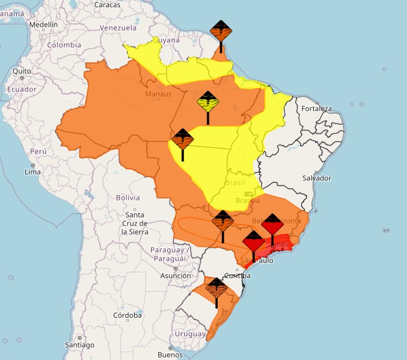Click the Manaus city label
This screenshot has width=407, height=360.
158,94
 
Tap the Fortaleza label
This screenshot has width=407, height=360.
317,108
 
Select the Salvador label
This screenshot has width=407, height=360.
317,178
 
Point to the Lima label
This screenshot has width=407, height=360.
32,172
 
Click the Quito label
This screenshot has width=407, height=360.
21,71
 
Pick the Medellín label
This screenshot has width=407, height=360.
43,25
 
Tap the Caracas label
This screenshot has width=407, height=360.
108,5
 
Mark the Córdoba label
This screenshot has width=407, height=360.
127,315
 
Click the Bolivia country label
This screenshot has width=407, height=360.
128,197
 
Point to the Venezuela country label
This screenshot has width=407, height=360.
118,28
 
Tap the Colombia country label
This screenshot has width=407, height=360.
64,45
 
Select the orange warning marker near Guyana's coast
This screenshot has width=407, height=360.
221,30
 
